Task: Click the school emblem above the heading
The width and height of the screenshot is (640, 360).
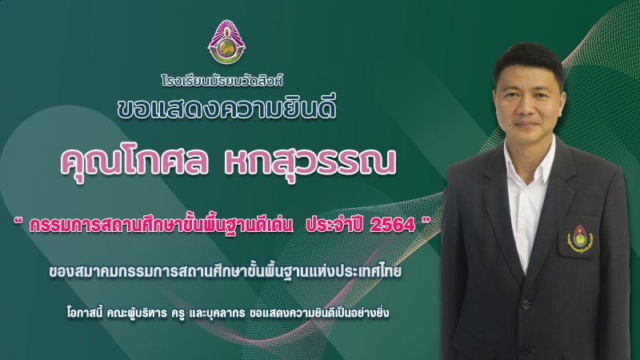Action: [226, 42]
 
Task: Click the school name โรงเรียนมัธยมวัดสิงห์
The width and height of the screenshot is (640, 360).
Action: [222, 81]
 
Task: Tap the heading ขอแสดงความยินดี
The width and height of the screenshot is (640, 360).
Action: [226, 109]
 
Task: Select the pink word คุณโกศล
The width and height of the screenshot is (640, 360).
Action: [134, 162]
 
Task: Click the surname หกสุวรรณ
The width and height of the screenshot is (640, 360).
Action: [310, 162]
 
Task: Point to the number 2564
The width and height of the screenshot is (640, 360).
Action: [392, 226]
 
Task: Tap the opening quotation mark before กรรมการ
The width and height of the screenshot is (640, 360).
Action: [18, 222]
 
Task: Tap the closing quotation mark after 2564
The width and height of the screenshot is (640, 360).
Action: [426, 221]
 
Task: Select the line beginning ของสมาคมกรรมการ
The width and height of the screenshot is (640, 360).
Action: [226, 270]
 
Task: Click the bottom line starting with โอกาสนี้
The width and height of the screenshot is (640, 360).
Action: [228, 313]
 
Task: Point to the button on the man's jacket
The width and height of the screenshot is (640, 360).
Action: [526, 305]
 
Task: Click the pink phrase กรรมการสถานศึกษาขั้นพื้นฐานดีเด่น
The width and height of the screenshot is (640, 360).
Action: [162, 226]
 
